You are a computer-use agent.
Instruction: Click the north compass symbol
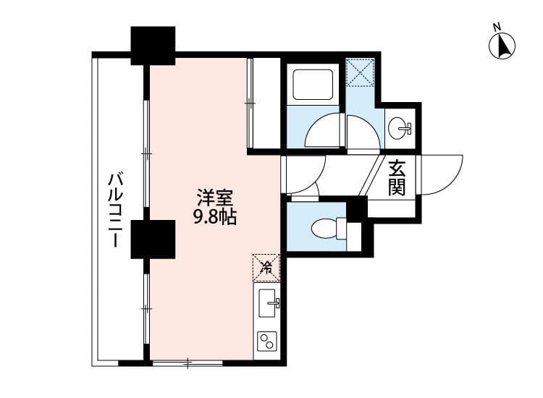click(502, 44)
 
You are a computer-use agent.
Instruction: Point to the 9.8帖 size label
click(214, 216)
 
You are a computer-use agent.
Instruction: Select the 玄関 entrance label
click(397, 178)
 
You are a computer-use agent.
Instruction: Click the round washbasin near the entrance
click(398, 130)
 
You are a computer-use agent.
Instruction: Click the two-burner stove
click(266, 340)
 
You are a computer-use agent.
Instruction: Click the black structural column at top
click(153, 45)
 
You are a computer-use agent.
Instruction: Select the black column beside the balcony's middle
click(153, 240)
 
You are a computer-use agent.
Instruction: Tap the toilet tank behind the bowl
click(353, 234)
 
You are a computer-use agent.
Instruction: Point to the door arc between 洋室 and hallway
click(304, 174)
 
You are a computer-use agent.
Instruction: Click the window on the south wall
click(186, 361)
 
